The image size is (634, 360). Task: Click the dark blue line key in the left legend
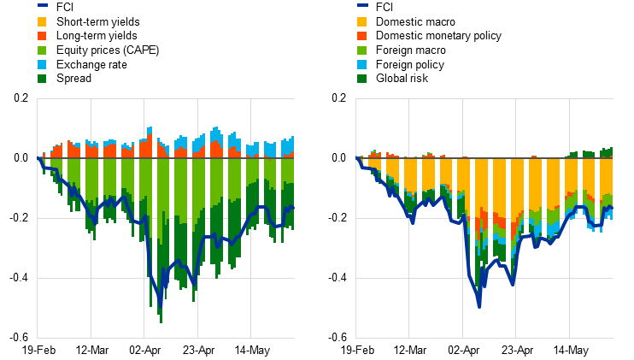(42, 5)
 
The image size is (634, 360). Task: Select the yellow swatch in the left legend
(42, 21)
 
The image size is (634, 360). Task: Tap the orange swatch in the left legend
(42, 36)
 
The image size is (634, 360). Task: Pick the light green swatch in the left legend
(42, 50)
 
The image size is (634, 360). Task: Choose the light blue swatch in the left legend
(42, 64)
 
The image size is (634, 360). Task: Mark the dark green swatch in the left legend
(42, 79)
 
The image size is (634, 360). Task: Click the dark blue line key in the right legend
(362, 5)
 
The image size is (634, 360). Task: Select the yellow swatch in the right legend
(362, 21)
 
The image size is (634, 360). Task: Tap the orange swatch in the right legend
(362, 36)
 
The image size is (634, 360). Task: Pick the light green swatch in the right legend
(362, 50)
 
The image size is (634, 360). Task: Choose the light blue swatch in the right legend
(362, 64)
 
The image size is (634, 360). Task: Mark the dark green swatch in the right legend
(362, 79)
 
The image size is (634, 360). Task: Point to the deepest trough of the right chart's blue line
(479, 306)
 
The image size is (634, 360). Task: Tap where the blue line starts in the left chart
(38, 158)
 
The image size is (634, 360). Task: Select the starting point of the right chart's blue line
(356, 158)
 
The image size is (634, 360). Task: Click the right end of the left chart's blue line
(293, 207)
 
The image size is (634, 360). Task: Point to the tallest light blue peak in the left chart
(150, 128)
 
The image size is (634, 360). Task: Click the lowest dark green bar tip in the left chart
(161, 322)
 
